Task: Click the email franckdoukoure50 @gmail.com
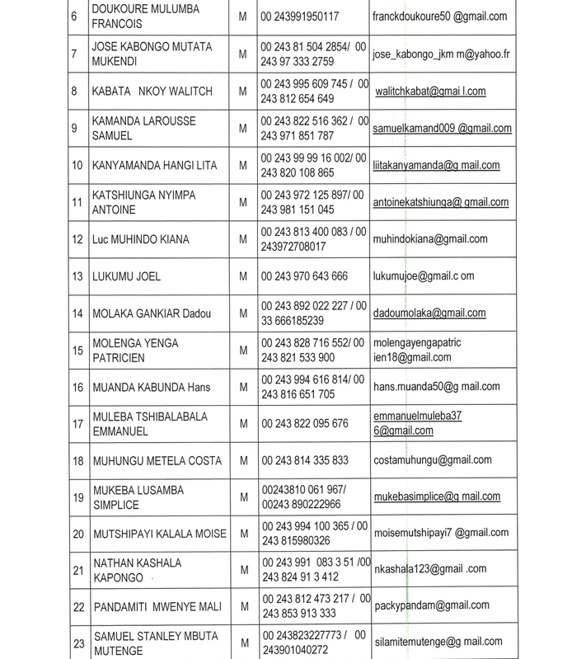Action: point(439,16)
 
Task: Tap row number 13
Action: point(77,276)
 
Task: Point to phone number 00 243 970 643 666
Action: point(304,276)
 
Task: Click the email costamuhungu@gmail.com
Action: point(432,460)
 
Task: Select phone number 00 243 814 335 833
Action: point(304,460)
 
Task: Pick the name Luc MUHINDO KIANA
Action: point(141,240)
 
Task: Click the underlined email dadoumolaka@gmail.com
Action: point(429,313)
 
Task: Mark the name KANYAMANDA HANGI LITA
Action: point(155,166)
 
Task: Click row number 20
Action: point(78,534)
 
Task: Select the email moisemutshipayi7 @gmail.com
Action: point(441,534)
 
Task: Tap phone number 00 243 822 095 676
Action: point(304,423)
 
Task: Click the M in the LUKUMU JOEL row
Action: point(243,276)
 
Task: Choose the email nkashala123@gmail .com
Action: point(430,569)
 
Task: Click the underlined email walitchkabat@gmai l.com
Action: point(429,91)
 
